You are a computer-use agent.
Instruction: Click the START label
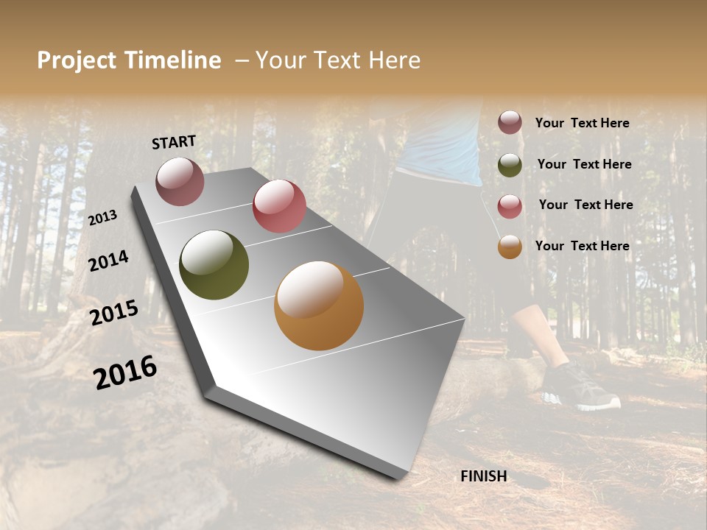[x=174, y=142]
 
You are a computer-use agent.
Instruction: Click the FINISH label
[x=484, y=476]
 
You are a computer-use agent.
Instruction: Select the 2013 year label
[x=103, y=217]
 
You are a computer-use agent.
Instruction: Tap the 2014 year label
[x=109, y=261]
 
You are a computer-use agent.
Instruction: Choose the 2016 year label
[x=125, y=372]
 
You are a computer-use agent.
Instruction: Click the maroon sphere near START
[x=180, y=181]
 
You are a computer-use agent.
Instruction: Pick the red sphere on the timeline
[x=279, y=206]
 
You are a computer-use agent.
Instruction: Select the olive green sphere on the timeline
[x=214, y=265]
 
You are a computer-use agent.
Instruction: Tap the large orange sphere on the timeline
[x=319, y=305]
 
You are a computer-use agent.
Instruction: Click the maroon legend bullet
[x=510, y=123]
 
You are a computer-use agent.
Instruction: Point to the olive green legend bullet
[x=510, y=165]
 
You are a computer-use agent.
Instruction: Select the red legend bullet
[x=510, y=205]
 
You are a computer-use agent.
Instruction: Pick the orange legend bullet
[x=510, y=247]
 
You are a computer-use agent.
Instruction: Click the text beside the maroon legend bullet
[x=583, y=123]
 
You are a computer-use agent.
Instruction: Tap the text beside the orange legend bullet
[x=583, y=246]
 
